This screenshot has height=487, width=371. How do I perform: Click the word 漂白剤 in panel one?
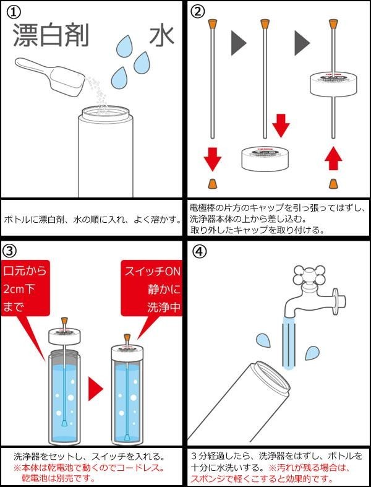click(51, 36)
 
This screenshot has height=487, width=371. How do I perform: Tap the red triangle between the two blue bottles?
click(95, 388)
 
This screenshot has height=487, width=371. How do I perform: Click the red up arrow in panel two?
click(334, 160)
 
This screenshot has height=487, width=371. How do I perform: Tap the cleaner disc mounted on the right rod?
click(335, 84)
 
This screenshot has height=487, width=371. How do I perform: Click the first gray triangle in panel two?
click(238, 43)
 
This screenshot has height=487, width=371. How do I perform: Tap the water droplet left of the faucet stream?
click(263, 340)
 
